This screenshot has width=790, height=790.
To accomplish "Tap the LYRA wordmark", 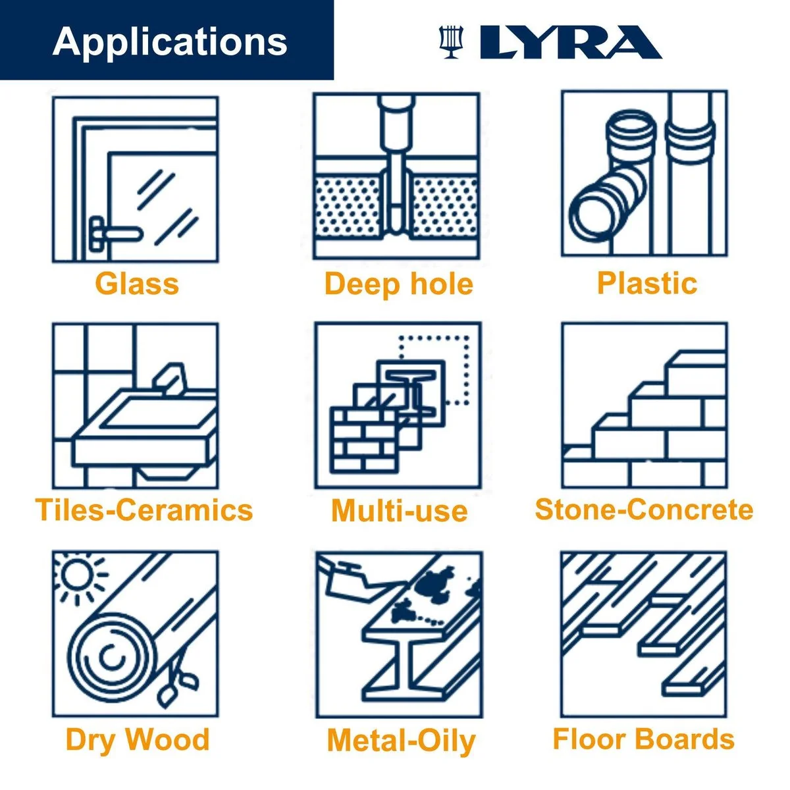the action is tap(571, 42).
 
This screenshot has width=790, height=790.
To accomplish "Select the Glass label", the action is tap(137, 283).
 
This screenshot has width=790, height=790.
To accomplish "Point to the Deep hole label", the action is tap(398, 284).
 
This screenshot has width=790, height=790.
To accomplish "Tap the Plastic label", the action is tap(647, 282).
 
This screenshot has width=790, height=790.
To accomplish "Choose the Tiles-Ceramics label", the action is tap(144, 510).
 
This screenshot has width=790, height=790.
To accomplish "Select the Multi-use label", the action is tap(400, 512).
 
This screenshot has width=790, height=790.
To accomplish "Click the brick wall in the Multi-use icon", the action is tap(363, 440).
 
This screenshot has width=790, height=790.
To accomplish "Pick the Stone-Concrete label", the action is tap(644, 510).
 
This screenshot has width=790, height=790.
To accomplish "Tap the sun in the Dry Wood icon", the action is tap(76, 574).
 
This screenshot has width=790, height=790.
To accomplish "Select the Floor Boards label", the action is tap(643, 739).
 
